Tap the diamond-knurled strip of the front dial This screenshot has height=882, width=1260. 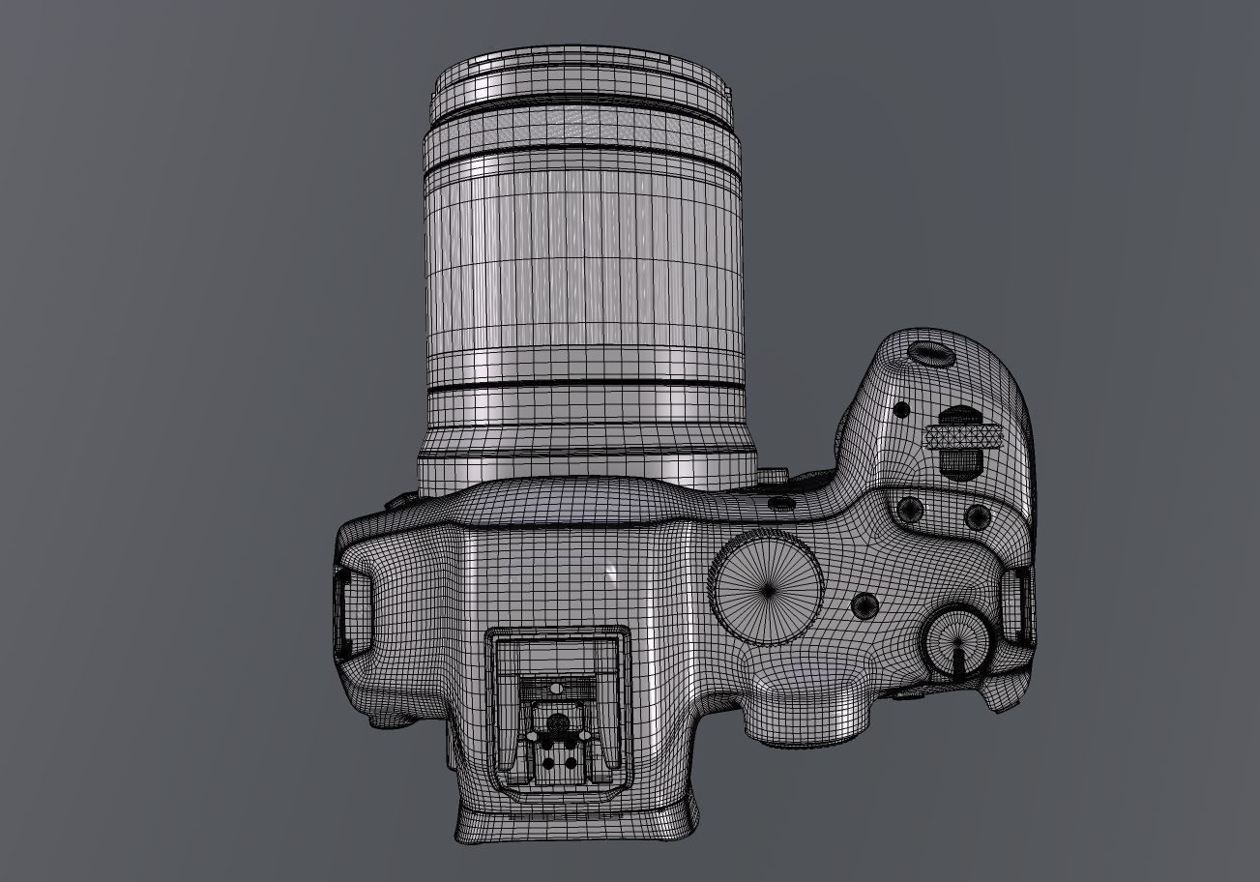tap(961, 438)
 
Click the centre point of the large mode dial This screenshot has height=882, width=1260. tap(768, 589)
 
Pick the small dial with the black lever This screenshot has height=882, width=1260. tap(956, 641)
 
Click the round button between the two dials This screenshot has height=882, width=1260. tap(864, 606)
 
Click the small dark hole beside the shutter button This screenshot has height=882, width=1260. tap(901, 409)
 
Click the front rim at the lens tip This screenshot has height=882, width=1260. tap(577, 73)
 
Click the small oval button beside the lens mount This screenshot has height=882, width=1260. tap(779, 503)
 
